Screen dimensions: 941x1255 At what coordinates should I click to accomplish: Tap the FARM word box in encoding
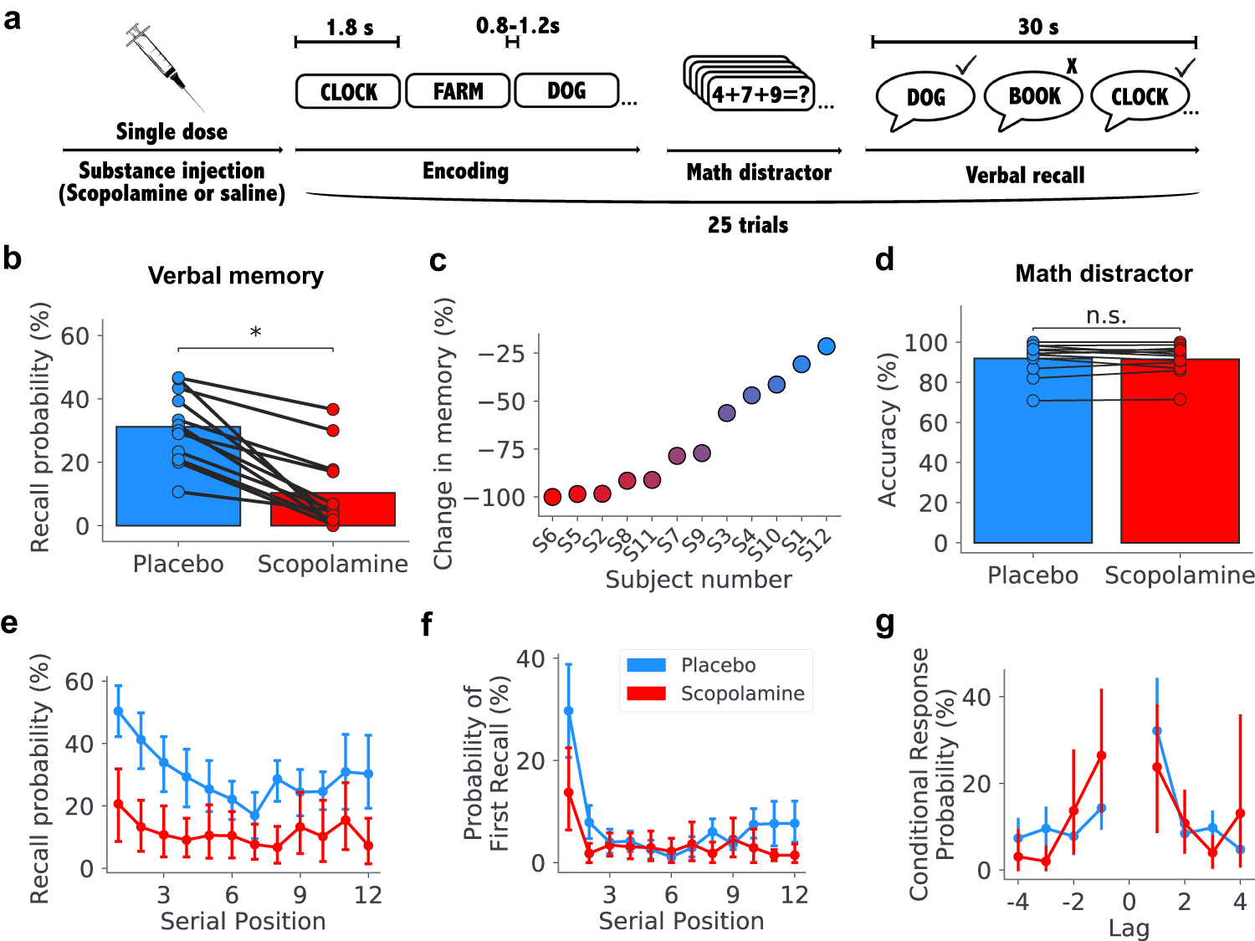pyautogui.click(x=458, y=90)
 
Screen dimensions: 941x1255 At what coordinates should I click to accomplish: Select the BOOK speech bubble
pyautogui.click(x=1034, y=97)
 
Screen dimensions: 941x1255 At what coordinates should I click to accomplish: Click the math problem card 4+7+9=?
pyautogui.click(x=760, y=94)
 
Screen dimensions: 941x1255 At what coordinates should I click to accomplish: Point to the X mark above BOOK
pyautogui.click(x=1072, y=66)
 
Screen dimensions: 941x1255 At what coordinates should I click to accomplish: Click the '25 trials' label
pyautogui.click(x=748, y=225)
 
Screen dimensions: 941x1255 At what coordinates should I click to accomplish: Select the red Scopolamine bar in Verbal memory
pyautogui.click(x=333, y=509)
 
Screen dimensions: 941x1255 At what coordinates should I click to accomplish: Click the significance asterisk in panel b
pyautogui.click(x=255, y=333)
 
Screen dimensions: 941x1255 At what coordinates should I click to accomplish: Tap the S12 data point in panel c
pyautogui.click(x=827, y=346)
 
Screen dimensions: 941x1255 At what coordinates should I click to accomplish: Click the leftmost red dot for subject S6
pyautogui.click(x=552, y=497)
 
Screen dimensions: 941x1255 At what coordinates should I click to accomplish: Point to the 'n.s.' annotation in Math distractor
pyautogui.click(x=1106, y=315)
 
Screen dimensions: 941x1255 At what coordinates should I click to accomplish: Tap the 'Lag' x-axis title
pyautogui.click(x=1129, y=928)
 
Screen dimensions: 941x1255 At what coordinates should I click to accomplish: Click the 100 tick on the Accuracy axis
pyautogui.click(x=926, y=342)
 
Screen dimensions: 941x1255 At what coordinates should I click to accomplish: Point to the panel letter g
pyautogui.click(x=884, y=623)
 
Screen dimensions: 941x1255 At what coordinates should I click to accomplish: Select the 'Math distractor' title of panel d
pyautogui.click(x=1104, y=274)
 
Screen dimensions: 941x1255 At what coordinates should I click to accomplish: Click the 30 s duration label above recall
pyautogui.click(x=1037, y=27)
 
